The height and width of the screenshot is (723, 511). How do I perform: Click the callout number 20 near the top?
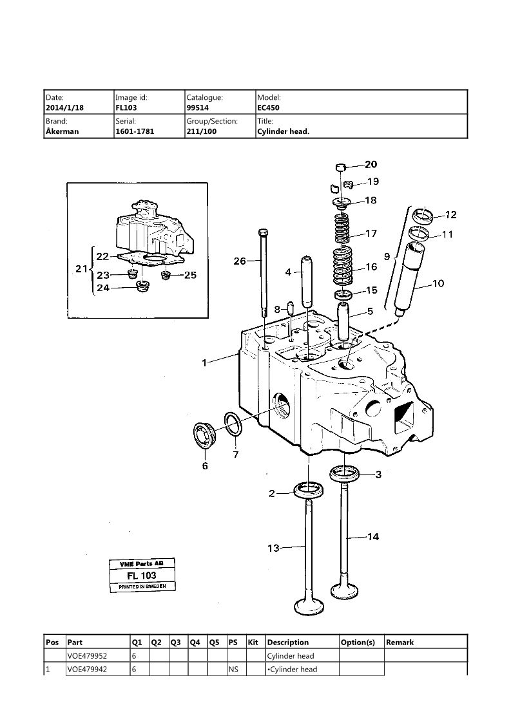pyautogui.click(x=371, y=165)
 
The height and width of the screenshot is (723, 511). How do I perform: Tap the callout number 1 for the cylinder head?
pyautogui.click(x=204, y=363)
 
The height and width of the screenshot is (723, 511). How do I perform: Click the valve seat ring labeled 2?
pyautogui.click(x=309, y=489)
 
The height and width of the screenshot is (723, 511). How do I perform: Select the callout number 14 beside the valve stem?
pyautogui.click(x=373, y=536)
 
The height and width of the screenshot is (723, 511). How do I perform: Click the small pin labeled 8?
pyautogui.click(x=291, y=308)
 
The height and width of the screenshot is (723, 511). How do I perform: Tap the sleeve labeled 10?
pyautogui.click(x=409, y=277)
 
